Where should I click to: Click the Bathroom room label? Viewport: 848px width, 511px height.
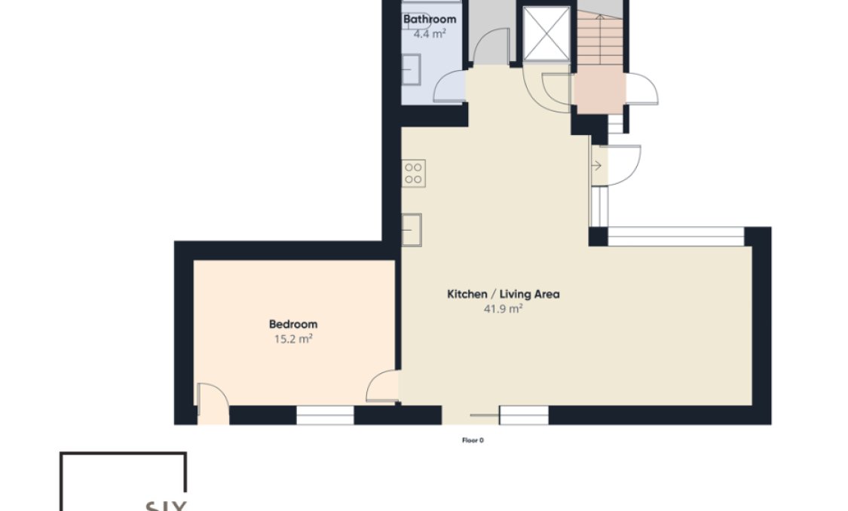429,19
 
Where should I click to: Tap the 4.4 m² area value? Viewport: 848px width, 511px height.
429,34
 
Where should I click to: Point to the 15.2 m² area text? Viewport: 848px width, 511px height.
293,339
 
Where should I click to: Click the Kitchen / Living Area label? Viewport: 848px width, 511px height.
503,294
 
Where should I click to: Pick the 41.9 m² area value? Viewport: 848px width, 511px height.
503,309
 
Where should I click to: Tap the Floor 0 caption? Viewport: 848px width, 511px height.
473,440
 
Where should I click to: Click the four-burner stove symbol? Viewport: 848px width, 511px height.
413,173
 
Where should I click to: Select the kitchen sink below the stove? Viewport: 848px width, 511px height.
412,229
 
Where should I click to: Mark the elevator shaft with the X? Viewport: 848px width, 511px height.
546,34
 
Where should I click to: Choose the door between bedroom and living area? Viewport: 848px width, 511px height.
383,387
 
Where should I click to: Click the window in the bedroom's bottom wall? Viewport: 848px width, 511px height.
325,415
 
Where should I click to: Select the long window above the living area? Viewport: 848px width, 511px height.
675,236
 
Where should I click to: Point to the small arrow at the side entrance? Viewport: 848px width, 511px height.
597,165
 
